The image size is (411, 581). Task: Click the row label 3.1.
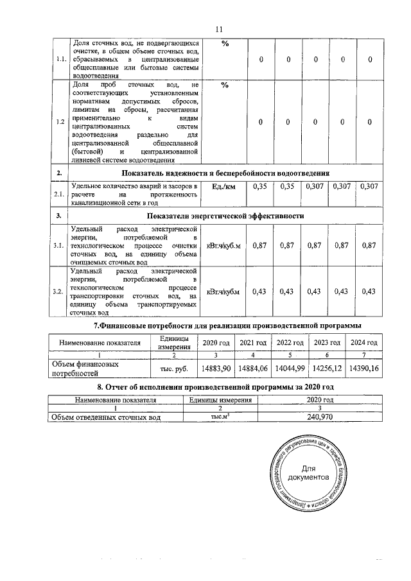pos(60,245)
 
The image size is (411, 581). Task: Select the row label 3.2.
pos(60,292)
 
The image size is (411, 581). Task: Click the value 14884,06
pos(252,369)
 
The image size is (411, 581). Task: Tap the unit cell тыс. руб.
pos(174,369)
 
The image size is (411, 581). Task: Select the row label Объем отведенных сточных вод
pos(106,417)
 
